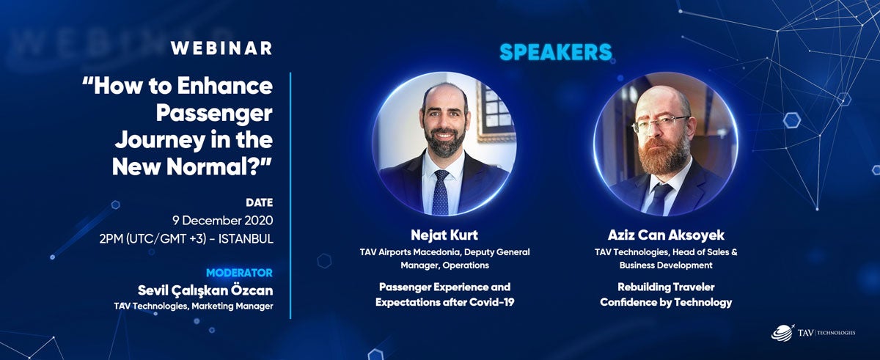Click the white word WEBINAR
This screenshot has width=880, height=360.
(x=221, y=48)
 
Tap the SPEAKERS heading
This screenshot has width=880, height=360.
(x=556, y=52)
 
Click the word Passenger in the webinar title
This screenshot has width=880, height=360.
(x=214, y=114)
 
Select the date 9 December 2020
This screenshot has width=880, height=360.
(x=223, y=220)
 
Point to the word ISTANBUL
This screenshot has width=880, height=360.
(x=246, y=239)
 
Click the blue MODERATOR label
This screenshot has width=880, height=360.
(x=239, y=273)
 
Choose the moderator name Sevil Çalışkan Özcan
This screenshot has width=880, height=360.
(x=205, y=290)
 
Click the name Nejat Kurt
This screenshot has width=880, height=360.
(x=444, y=235)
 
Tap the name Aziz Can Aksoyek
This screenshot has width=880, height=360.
(x=666, y=235)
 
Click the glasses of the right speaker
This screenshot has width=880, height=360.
(x=661, y=123)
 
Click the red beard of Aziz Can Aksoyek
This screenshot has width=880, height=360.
(x=663, y=154)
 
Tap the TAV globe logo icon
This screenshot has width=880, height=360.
(x=782, y=333)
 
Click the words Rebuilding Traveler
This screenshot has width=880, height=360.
(x=666, y=287)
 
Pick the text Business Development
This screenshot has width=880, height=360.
(x=666, y=265)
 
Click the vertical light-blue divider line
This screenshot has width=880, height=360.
(x=290, y=195)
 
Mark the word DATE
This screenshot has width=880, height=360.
(x=260, y=202)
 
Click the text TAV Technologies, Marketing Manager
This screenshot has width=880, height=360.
(x=194, y=306)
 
